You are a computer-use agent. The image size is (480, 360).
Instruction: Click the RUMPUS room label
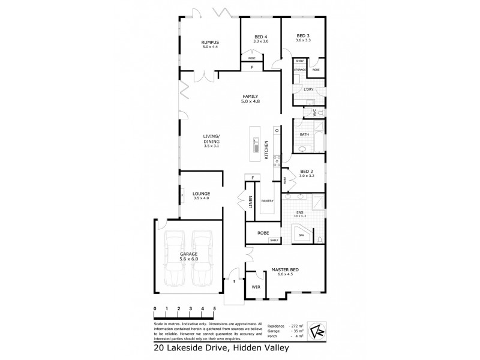point(209,41)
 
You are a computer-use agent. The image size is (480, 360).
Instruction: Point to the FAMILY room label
point(250,97)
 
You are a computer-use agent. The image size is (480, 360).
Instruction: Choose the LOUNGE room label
point(201,194)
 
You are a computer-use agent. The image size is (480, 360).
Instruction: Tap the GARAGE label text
point(189,254)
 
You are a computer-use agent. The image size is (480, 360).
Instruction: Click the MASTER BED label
point(285,270)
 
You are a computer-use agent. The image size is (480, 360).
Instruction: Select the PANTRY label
point(267,202)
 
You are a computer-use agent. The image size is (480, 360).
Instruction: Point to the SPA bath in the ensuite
point(302,235)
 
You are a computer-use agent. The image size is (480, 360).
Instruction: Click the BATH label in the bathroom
point(304,134)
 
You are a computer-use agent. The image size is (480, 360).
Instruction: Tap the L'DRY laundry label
point(310,89)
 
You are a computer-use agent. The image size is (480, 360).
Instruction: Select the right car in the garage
point(203,259)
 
